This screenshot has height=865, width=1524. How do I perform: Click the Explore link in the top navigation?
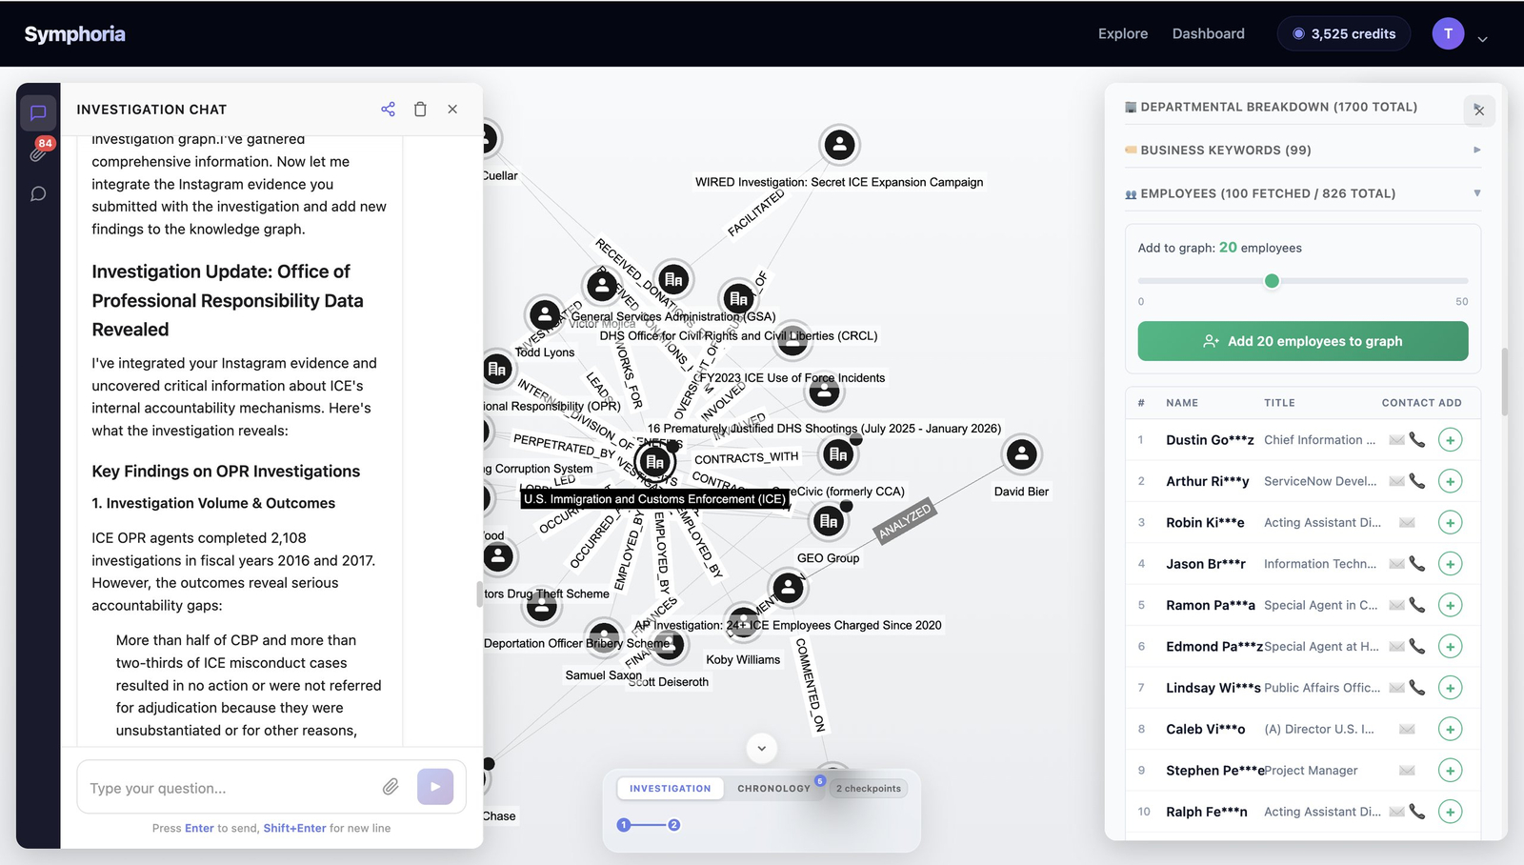pyautogui.click(x=1122, y=33)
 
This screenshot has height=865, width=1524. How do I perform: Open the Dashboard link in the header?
pyautogui.click(x=1208, y=33)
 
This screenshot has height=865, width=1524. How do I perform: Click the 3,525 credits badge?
pyautogui.click(x=1343, y=33)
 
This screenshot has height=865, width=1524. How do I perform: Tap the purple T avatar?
pyautogui.click(x=1448, y=33)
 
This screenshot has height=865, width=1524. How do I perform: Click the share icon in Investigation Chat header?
pyautogui.click(x=388, y=110)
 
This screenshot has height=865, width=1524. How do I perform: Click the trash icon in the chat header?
pyautogui.click(x=420, y=110)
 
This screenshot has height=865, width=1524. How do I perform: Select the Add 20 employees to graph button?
pyautogui.click(x=1302, y=341)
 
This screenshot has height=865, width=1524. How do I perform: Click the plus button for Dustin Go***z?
pyautogui.click(x=1450, y=440)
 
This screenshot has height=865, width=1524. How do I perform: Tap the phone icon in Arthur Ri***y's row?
pyautogui.click(x=1417, y=481)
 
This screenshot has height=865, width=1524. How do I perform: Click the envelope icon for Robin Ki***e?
pyautogui.click(x=1407, y=523)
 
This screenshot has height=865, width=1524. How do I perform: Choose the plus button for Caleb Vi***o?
pyautogui.click(x=1450, y=730)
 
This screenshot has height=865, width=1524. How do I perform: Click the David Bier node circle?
pyautogui.click(x=1021, y=454)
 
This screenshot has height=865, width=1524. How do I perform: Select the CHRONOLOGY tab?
pyautogui.click(x=773, y=789)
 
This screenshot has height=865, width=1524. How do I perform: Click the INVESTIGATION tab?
pyautogui.click(x=670, y=789)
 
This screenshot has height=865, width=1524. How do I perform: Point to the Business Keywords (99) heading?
pyautogui.click(x=1225, y=151)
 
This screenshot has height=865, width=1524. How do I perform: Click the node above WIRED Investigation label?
pyautogui.click(x=839, y=145)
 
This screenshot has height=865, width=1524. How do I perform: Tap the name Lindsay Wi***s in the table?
pyautogui.click(x=1213, y=688)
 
